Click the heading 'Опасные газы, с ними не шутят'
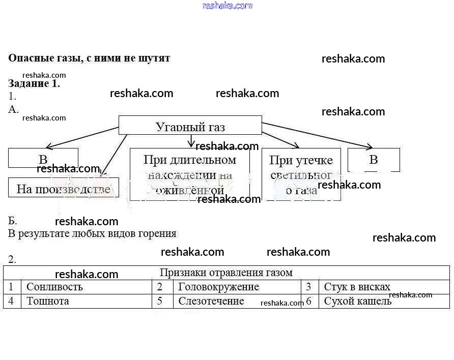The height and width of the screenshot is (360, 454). (89, 58)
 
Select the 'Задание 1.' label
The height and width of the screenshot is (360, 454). (34, 84)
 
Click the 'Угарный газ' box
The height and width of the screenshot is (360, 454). (190, 126)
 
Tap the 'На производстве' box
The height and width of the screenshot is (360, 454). (64, 188)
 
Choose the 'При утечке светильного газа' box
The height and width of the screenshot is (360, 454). (301, 174)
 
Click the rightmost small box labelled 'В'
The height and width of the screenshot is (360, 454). (374, 160)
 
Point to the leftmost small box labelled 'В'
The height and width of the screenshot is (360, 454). (43, 158)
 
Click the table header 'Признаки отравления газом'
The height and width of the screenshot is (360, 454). (226, 273)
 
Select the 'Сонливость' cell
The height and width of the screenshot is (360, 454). (54, 287)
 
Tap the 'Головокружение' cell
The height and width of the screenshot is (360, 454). (218, 287)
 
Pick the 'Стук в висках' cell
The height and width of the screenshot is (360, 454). (357, 287)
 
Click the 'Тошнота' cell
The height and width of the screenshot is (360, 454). (48, 301)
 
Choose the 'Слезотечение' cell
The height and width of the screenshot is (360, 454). (211, 301)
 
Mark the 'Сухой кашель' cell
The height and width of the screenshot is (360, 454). (358, 301)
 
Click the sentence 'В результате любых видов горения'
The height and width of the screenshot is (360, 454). (92, 234)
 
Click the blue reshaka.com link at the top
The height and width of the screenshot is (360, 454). (227, 6)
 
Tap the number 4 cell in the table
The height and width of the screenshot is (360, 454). (11, 301)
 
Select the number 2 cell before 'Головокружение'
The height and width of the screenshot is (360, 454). (160, 287)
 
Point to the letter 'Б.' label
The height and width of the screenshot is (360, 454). (13, 221)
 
